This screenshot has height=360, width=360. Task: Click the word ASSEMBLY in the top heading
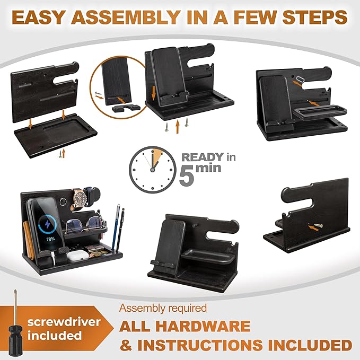click(126, 17)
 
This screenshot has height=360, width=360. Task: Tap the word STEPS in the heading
click(315, 17)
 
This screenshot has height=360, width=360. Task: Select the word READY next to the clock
click(203, 157)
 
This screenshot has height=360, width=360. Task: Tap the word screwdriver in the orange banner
click(64, 322)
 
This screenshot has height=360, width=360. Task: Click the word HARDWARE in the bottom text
click(185, 326)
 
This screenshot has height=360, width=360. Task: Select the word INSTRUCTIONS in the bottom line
click(200, 345)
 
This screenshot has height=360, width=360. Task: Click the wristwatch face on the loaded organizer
click(80, 197)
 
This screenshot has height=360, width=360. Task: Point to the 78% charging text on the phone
click(50, 239)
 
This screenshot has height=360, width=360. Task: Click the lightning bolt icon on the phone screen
click(48, 224)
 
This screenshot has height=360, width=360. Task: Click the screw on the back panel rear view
click(318, 226)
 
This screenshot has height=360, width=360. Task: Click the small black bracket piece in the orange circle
click(126, 108)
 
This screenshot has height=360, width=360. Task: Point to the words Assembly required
click(163, 309)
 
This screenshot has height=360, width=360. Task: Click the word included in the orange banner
click(55, 336)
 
